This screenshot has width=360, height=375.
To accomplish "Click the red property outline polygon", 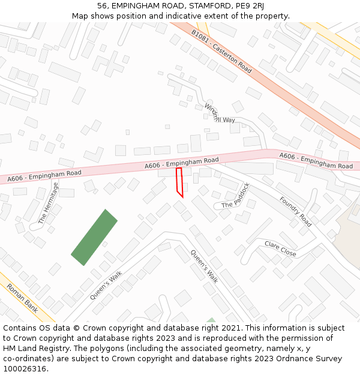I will (179, 182).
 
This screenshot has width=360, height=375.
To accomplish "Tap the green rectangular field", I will (94, 237).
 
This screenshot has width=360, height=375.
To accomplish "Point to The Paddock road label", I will (235, 196).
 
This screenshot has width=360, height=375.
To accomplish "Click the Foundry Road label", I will (296, 211).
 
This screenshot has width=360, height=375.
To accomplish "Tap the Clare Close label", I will (280, 248).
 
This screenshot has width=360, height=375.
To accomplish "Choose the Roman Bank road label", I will (22, 298).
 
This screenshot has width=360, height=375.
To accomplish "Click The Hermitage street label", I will (49, 203).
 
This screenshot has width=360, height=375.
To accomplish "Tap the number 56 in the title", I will (101, 6).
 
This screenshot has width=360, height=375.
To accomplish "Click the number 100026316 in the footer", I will (25, 368).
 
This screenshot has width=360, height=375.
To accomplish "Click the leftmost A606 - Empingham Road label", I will (44, 176).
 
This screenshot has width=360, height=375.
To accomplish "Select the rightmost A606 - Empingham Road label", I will (316, 161).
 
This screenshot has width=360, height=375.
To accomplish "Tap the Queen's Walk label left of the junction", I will (106, 285).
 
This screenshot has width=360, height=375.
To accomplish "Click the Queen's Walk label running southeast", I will (205, 266).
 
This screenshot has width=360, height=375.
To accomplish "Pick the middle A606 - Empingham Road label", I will (181, 163).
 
